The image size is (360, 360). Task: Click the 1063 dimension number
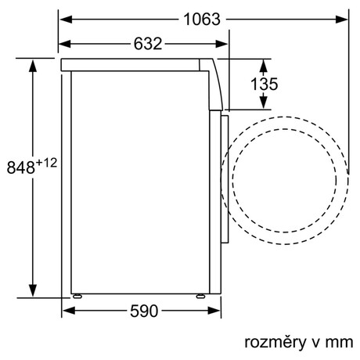tap(202, 20)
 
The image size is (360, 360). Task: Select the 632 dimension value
tap(148, 44)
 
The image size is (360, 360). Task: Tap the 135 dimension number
tap(264, 84)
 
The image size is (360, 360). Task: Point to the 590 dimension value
tap(144, 311)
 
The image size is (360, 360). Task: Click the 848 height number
tap(21, 167)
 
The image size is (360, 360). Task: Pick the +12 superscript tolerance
tap(46, 164)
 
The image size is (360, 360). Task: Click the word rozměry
tap(275, 343)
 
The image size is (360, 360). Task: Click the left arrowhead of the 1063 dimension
tap(66, 20)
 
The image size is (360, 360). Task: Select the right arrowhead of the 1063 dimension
tap(342, 20)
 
